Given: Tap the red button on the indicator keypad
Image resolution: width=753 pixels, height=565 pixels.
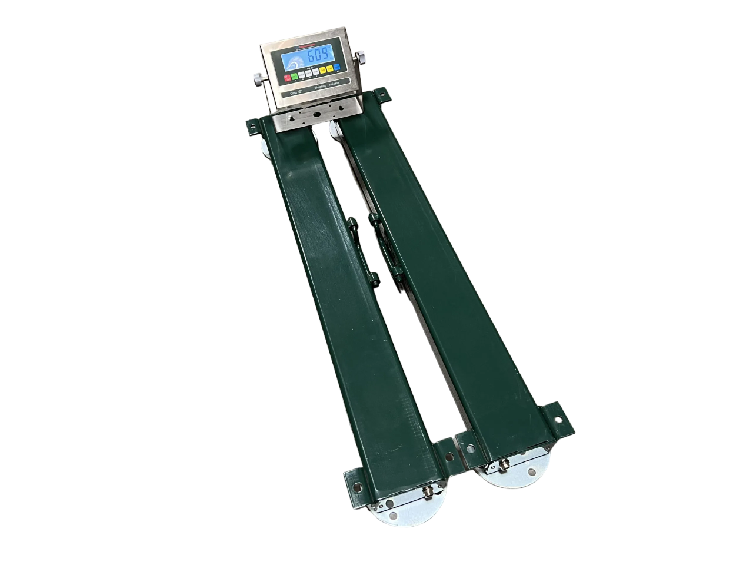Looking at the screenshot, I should coord(288,78).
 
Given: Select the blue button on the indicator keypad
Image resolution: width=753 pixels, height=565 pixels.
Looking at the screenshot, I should coord(338,68).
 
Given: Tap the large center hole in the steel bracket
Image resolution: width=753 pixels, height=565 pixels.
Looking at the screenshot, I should coord(317,114).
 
